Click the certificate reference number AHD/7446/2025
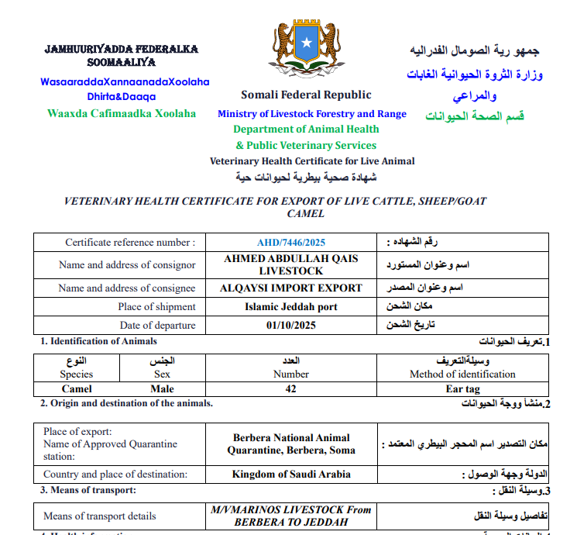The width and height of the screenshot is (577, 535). pyautogui.click(x=291, y=243)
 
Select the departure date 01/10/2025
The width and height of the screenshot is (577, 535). pyautogui.click(x=291, y=326)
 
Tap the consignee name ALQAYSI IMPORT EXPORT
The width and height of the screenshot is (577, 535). pyautogui.click(x=291, y=288)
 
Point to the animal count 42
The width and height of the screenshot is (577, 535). pyautogui.click(x=291, y=388)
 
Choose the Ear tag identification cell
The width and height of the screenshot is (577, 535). pyautogui.click(x=462, y=388)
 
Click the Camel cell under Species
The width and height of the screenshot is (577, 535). pyautogui.click(x=76, y=388)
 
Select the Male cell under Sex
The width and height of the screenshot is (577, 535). pyautogui.click(x=163, y=388)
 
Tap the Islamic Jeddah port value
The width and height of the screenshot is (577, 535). pyautogui.click(x=291, y=307)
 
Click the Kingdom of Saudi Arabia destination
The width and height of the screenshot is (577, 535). pyautogui.click(x=291, y=475)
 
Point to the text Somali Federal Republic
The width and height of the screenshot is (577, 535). pyautogui.click(x=306, y=95)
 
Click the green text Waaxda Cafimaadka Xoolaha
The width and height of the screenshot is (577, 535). pyautogui.click(x=122, y=113)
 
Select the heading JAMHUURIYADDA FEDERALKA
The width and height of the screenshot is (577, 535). pyautogui.click(x=121, y=49)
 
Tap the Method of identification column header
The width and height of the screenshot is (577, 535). pyautogui.click(x=462, y=374)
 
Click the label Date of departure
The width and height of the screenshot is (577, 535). pyautogui.click(x=158, y=326)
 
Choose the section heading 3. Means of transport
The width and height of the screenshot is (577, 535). pyautogui.click(x=88, y=490)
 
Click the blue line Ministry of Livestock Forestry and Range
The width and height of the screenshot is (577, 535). pyautogui.click(x=311, y=114)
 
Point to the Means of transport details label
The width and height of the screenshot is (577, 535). pyautogui.click(x=100, y=516)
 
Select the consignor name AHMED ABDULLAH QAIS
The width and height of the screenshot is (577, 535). pyautogui.click(x=291, y=258)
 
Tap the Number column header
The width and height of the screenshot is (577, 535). pyautogui.click(x=291, y=374)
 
